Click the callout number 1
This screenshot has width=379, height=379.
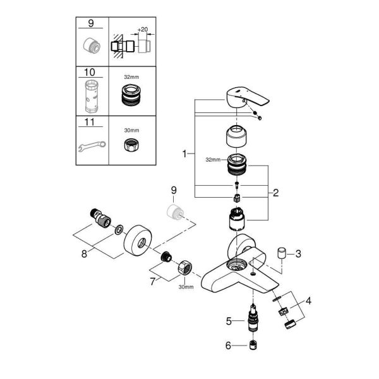184,153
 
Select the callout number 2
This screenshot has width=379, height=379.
276,193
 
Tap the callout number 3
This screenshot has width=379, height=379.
298,254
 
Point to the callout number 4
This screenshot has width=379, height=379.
308,301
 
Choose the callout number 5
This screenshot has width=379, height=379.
229,322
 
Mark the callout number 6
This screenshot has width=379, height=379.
228,346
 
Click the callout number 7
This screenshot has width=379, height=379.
152,282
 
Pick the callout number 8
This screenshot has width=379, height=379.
84,254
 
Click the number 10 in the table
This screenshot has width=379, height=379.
90,72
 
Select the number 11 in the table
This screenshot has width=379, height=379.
90,122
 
